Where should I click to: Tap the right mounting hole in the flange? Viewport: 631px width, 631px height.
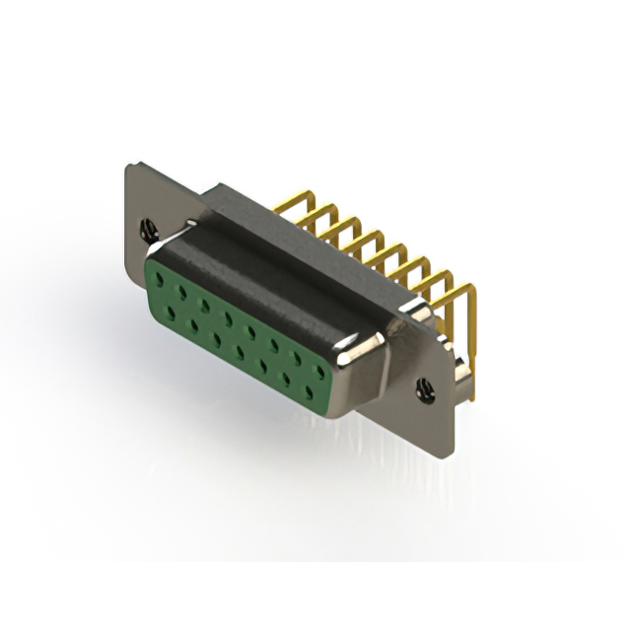click(425, 389)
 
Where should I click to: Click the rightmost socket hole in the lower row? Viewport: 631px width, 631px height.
click(309, 391)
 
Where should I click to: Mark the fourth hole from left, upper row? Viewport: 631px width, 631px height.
click(228, 319)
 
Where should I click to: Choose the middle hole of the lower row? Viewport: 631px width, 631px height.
click(240, 351)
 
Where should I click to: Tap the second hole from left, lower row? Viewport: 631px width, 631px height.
click(194, 324)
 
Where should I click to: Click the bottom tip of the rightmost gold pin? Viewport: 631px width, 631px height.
click(472, 396)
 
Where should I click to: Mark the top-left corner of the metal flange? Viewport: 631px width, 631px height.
click(128, 167)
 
